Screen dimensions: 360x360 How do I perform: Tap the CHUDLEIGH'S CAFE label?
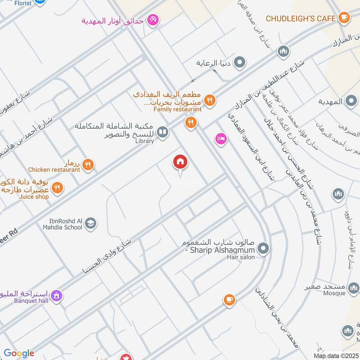coord(301,18)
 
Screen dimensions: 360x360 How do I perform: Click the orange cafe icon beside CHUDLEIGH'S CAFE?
coord(344,18)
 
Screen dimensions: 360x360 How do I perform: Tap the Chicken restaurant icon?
coord(88,165)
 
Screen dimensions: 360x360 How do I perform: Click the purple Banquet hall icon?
coord(56,296)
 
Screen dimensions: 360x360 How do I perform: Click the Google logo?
coord(19,353)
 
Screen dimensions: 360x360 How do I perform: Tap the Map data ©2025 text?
coord(335,356)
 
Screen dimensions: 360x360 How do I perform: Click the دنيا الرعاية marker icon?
coord(240,63)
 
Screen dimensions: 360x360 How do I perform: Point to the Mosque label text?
coord(334,293)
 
